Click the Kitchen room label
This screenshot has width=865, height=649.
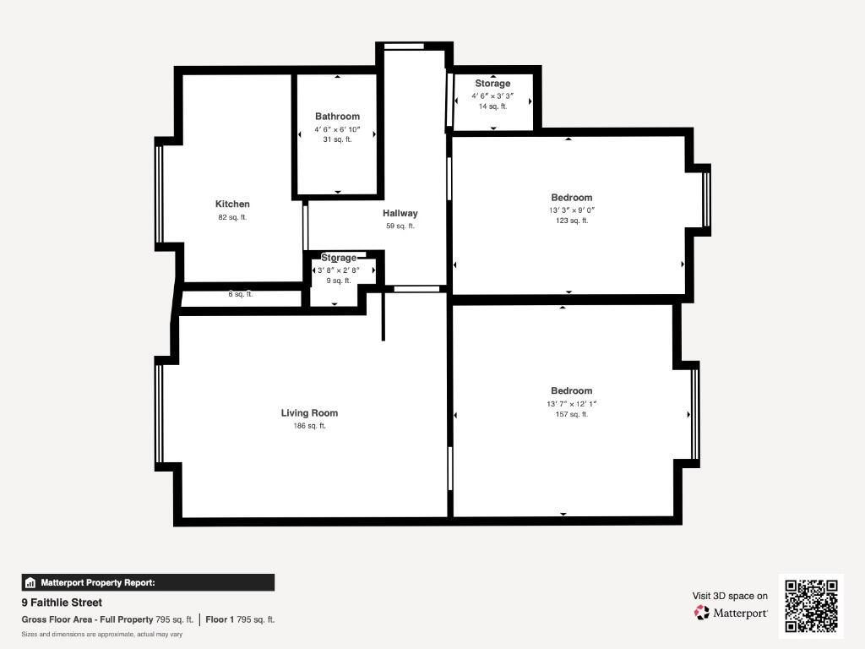[232, 204]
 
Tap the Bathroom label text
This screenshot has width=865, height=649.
[337, 117]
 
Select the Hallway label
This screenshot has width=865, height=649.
[400, 213]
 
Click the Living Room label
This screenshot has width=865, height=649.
[309, 412]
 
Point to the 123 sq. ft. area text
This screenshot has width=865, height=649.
[572, 221]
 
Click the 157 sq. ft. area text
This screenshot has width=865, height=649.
[572, 414]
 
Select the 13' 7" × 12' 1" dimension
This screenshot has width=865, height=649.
[572, 404]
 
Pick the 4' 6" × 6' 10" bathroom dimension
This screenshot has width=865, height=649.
[337, 129]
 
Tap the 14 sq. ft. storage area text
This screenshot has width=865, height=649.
[492, 106]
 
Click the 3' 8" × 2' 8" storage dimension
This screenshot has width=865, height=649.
[338, 270]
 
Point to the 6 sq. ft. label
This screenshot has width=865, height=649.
[241, 294]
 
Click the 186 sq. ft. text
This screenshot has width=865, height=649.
[309, 426]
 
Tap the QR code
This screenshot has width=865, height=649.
[811, 606]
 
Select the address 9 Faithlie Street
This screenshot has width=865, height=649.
[62, 603]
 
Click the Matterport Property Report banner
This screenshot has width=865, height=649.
[148, 583]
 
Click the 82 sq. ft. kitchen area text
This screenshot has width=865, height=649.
[232, 217]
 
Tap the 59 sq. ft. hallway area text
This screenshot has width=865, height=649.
[400, 226]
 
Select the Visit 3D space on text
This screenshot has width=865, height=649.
[730, 596]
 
